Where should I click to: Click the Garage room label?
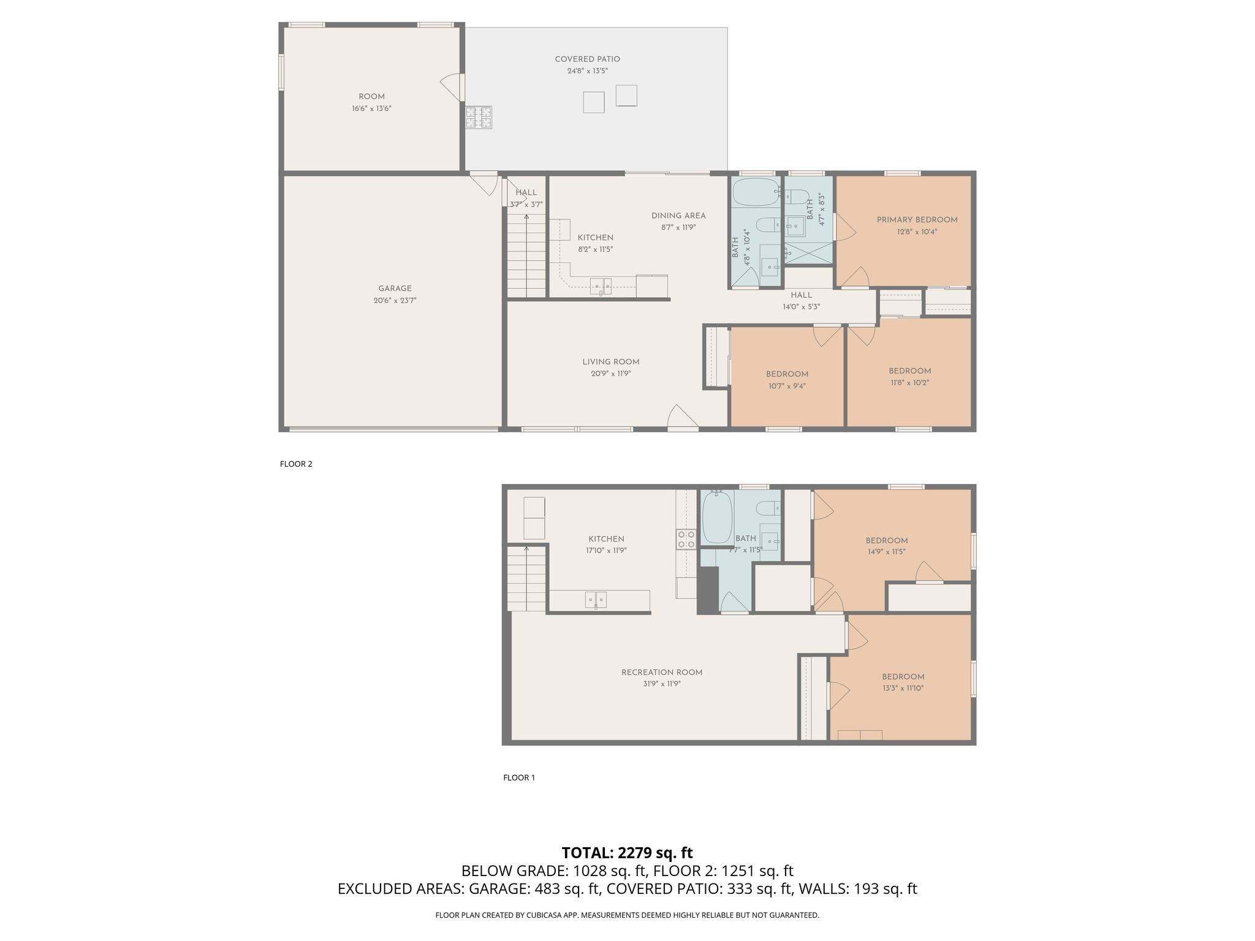click(395, 289)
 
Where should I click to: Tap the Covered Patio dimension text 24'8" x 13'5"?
click(587, 71)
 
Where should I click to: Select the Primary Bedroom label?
click(917, 220)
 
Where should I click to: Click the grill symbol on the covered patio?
click(479, 117)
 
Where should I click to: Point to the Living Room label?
click(610, 362)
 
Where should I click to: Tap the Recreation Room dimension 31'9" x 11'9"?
click(662, 684)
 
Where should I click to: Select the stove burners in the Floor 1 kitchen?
click(686, 539)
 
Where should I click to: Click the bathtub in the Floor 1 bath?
click(717, 518)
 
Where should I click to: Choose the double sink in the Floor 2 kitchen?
click(601, 285)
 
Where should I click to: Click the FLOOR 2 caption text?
click(296, 464)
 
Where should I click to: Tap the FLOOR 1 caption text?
click(519, 777)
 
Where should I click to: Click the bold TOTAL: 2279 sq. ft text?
click(627, 853)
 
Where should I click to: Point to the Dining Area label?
click(678, 216)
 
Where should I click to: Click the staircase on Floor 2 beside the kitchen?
click(526, 257)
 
